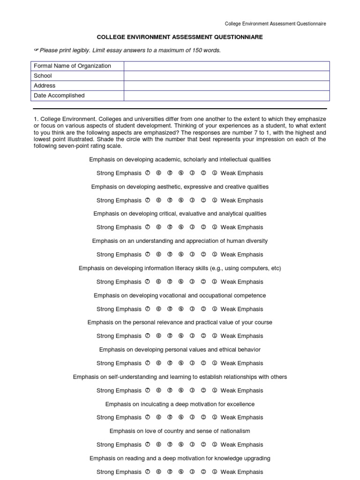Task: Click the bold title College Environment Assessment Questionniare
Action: pyautogui.click(x=180, y=37)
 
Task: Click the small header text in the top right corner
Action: pyautogui.click(x=276, y=23)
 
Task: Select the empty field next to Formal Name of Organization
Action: pyautogui.click(x=226, y=66)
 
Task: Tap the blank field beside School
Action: pyautogui.click(x=226, y=76)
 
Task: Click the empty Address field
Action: pyautogui.click(x=226, y=86)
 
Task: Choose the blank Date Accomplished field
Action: pyautogui.click(x=226, y=96)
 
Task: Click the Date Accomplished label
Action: pyautogui.click(x=59, y=96)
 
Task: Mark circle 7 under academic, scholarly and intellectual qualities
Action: pyautogui.click(x=147, y=173)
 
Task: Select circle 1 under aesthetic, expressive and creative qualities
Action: pyautogui.click(x=215, y=201)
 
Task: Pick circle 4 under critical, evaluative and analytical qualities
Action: pyautogui.click(x=181, y=227)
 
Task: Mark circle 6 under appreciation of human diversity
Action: pyautogui.click(x=158, y=255)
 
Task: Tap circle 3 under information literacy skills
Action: pyautogui.click(x=192, y=282)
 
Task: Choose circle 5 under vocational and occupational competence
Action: pyautogui.click(x=170, y=309)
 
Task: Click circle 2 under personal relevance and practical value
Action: pyautogui.click(x=203, y=336)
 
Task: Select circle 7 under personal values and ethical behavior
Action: pyautogui.click(x=147, y=363)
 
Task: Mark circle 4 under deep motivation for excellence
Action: pyautogui.click(x=181, y=418)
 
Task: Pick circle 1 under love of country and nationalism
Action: pyautogui.click(x=215, y=445)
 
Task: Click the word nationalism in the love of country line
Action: pyautogui.click(x=234, y=431)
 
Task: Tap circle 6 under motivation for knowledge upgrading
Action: pyautogui.click(x=158, y=472)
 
